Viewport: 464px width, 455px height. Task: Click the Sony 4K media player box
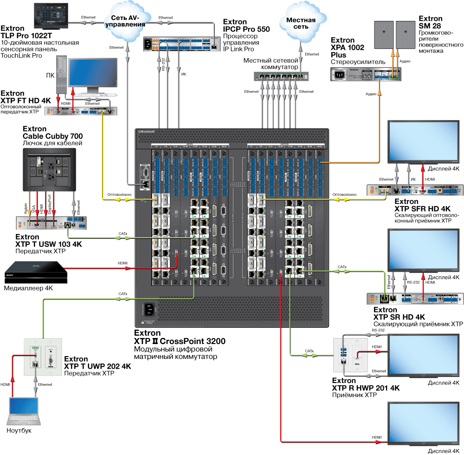(x=35, y=273)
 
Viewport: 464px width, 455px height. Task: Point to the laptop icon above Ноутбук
(x=24, y=410)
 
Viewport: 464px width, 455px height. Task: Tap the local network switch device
(x=281, y=76)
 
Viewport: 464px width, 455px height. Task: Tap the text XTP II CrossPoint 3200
(x=180, y=341)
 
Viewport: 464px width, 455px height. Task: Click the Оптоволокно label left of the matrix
(x=120, y=195)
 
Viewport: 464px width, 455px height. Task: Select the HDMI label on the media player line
(x=122, y=263)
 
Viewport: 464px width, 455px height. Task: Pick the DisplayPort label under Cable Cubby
(x=49, y=204)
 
